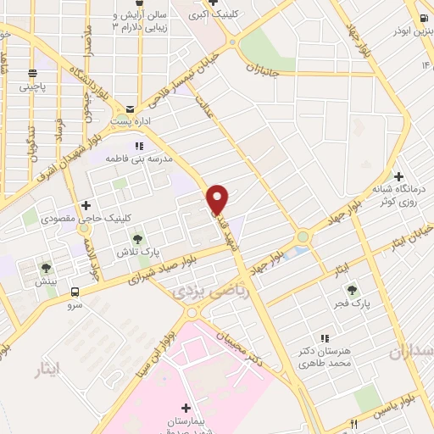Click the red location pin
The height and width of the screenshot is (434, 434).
(x=218, y=199)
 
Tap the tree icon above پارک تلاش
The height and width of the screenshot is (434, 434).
(x=138, y=240)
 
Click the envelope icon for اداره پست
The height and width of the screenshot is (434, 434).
(x=129, y=109)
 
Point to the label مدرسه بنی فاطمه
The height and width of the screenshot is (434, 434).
(x=139, y=159)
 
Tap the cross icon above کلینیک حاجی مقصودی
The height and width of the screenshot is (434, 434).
(x=85, y=205)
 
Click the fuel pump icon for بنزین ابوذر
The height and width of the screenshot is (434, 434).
(x=423, y=19)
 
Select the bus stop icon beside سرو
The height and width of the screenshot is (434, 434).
(x=75, y=292)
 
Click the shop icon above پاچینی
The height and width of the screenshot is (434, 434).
(x=31, y=73)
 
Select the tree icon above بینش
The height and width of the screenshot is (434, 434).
(x=46, y=268)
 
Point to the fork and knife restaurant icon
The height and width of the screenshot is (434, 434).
(x=353, y=424)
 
